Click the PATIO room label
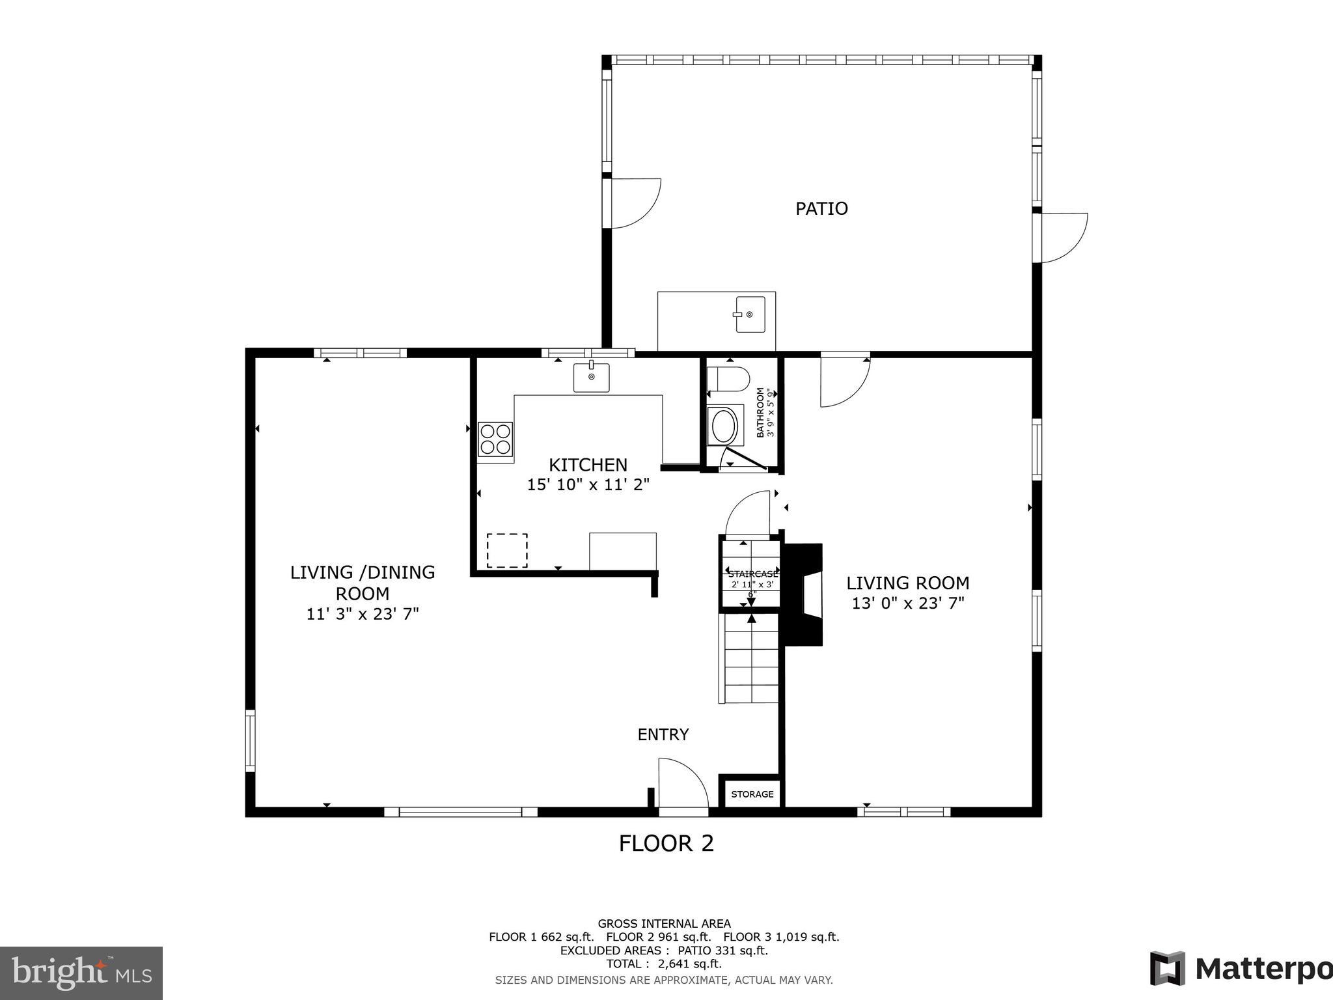pos(821,209)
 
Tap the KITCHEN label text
pos(588,465)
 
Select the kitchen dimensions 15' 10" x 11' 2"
pos(588,485)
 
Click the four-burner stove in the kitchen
pos(495,438)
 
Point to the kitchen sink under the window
pos(591,378)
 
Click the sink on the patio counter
pos(750,314)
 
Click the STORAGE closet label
pos(752,794)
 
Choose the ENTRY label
pos(663,735)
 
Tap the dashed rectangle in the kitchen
pos(507,550)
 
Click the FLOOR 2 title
pos(666,844)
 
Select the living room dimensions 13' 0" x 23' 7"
pos(908,604)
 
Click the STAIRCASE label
pos(752,574)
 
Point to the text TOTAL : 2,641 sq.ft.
pos(664,964)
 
